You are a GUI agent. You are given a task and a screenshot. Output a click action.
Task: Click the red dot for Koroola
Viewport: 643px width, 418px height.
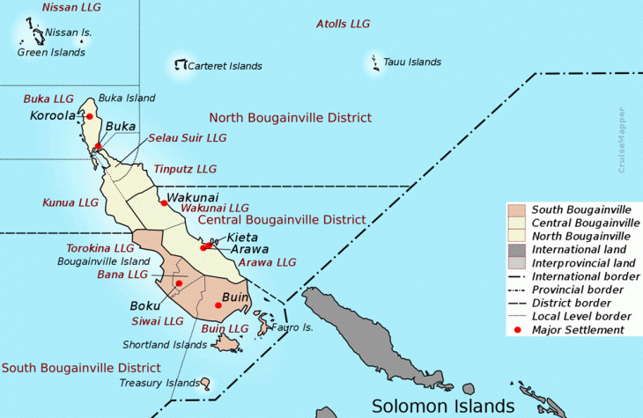point(89,116)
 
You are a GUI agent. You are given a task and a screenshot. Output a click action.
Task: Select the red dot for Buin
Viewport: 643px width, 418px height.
point(217,305)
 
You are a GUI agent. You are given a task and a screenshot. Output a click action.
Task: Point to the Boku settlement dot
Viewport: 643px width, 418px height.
point(179,282)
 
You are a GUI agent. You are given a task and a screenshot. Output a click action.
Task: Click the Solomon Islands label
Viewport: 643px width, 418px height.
point(442,406)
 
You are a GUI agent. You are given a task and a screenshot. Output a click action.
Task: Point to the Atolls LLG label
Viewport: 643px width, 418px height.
point(343,24)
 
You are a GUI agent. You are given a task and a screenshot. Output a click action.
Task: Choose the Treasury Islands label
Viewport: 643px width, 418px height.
point(159,383)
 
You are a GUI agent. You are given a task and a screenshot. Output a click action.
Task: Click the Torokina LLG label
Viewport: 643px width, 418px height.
point(100,248)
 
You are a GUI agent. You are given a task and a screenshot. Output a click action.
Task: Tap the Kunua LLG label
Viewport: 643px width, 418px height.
point(70,202)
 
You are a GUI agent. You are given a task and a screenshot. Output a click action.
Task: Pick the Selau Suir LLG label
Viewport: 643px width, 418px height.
point(187,138)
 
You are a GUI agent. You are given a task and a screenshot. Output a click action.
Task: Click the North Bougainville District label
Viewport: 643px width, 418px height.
point(290,117)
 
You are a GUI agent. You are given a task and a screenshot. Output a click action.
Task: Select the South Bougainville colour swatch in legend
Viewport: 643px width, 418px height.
point(516,209)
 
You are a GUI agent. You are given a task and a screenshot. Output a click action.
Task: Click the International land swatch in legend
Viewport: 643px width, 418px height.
point(516,249)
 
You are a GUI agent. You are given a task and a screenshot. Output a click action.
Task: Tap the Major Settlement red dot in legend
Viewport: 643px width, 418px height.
point(517,329)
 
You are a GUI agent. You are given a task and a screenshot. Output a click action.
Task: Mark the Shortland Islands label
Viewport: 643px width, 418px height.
point(165,344)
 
